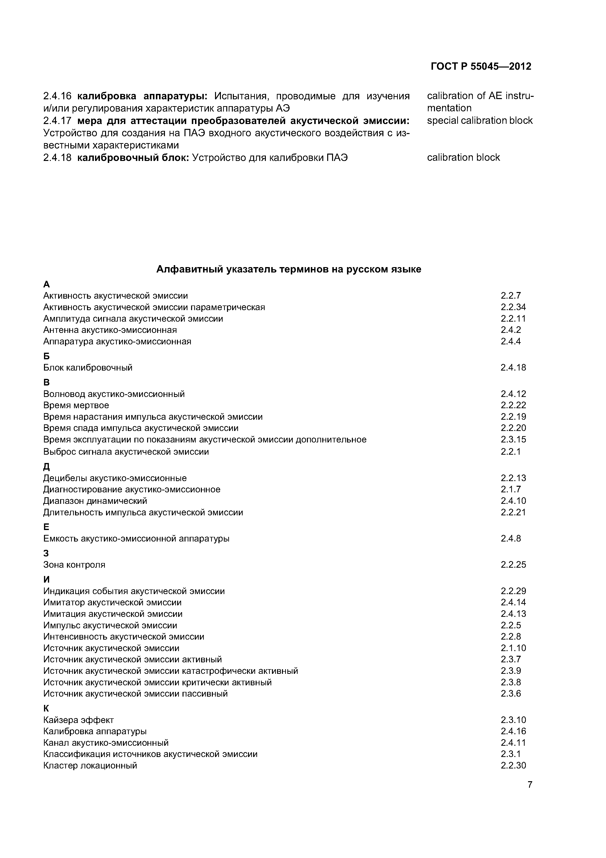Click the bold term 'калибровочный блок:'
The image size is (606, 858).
[133, 158]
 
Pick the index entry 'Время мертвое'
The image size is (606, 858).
[76, 406]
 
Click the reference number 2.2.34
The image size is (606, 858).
[513, 307]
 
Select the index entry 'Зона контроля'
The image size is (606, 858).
[74, 565]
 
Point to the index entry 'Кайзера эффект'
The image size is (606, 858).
[78, 720]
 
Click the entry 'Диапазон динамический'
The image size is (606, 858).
[95, 501]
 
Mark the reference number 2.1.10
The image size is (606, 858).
[513, 648]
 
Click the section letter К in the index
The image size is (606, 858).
[46, 709]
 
